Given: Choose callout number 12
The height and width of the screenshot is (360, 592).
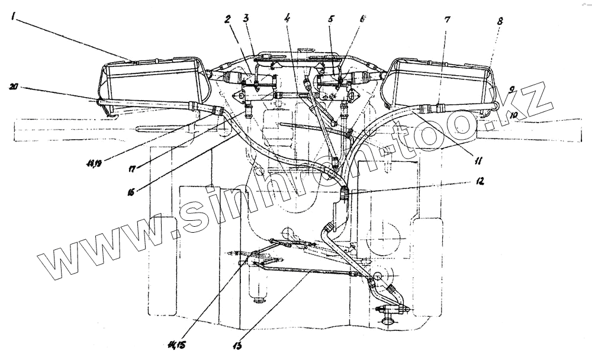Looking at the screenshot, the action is [x=480, y=182].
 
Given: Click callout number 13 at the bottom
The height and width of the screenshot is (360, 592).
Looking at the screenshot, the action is [x=240, y=343].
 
